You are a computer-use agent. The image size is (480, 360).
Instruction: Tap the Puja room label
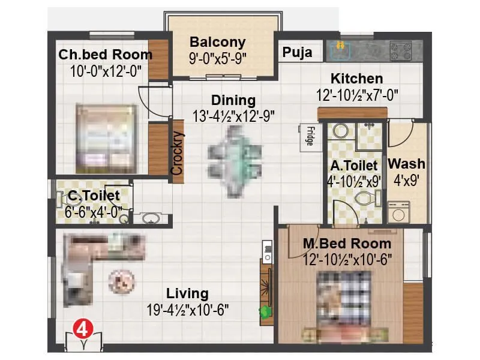298,53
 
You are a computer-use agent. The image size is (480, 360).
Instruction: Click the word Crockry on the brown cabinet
177,152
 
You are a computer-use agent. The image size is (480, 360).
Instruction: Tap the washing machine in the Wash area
399,212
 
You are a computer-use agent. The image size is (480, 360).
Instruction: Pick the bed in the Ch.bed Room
107,138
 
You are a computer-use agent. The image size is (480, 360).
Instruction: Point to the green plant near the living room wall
263,311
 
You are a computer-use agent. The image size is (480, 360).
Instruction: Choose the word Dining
233,100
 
